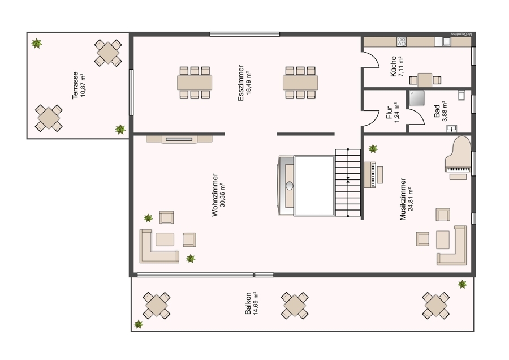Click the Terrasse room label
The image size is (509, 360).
point(75,85)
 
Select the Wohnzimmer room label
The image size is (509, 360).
point(215,195)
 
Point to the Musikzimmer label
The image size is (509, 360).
point(403,199)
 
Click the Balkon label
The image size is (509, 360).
point(248,303)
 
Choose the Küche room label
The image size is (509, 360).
point(394,67)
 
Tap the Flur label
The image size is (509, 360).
point(389,113)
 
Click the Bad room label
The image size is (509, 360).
point(437,111)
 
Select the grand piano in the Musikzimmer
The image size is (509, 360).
point(458,155)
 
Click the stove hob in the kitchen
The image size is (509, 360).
point(402,41)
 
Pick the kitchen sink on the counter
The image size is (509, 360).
point(447,41)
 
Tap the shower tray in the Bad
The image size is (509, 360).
point(417,98)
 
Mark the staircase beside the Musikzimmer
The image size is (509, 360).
point(348,183)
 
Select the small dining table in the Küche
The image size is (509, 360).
point(425,80)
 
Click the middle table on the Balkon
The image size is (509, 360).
point(295,306)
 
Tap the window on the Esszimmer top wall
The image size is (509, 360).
point(245,34)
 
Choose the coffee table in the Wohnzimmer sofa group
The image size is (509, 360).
point(165,239)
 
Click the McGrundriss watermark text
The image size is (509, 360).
point(463,34)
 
